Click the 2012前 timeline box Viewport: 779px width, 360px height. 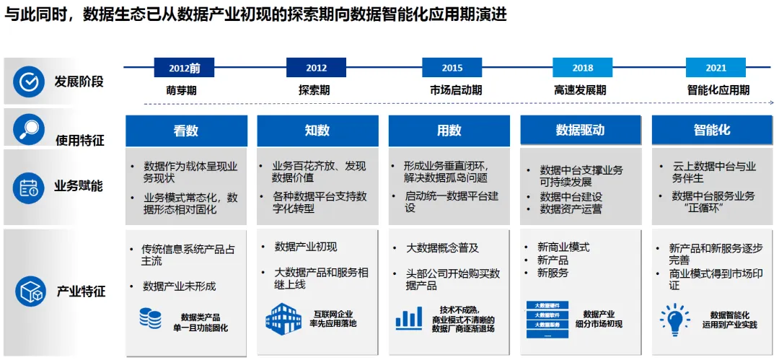coord(184,68)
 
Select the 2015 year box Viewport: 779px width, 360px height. coord(452,68)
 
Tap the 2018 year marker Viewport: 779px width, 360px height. coord(582,68)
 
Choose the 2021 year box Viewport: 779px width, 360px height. coord(716,68)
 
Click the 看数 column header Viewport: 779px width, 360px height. coord(186,131)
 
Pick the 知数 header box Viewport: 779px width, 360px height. coord(317,131)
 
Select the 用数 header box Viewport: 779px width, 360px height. coord(449,131)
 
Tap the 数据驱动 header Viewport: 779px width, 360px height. coord(580,131)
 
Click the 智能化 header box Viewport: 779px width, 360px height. coord(712,131)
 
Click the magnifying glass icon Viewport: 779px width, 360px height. coord(30,129)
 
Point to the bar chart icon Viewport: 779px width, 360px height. coord(409,317)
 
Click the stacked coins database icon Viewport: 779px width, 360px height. coord(150,318)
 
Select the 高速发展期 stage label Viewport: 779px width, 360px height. coord(580,91)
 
